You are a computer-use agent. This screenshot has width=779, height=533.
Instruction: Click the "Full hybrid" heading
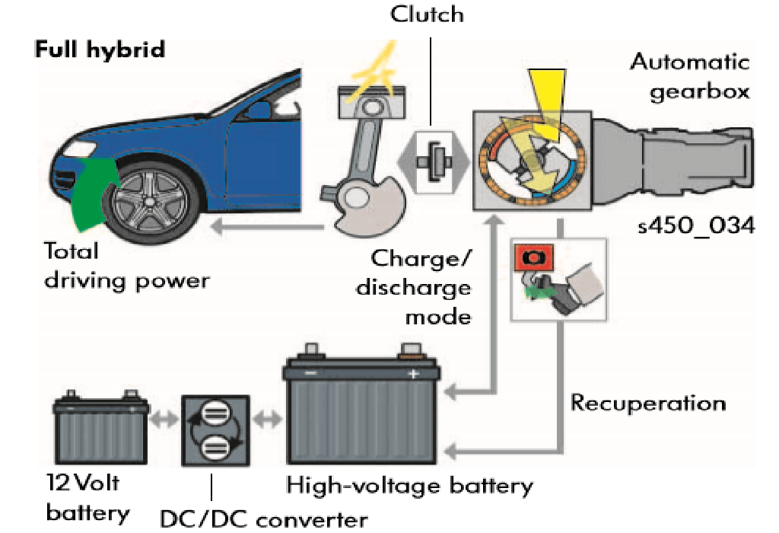point(100,50)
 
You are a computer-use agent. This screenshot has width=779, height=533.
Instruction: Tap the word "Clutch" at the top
point(428,14)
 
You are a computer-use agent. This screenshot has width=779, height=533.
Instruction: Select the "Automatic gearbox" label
point(688,76)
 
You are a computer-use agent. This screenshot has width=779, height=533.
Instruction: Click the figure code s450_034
point(695,227)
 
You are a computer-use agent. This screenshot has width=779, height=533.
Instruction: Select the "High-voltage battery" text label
point(409,485)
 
